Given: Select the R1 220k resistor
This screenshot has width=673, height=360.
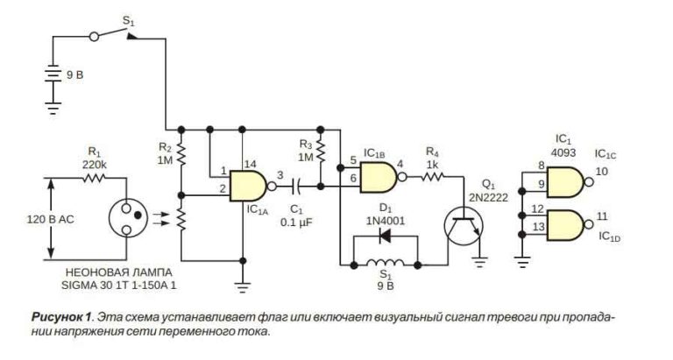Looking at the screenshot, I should point(94,178).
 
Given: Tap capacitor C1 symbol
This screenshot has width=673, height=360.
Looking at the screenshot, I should point(299,185).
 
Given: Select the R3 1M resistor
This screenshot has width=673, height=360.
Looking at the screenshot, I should point(321,153).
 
